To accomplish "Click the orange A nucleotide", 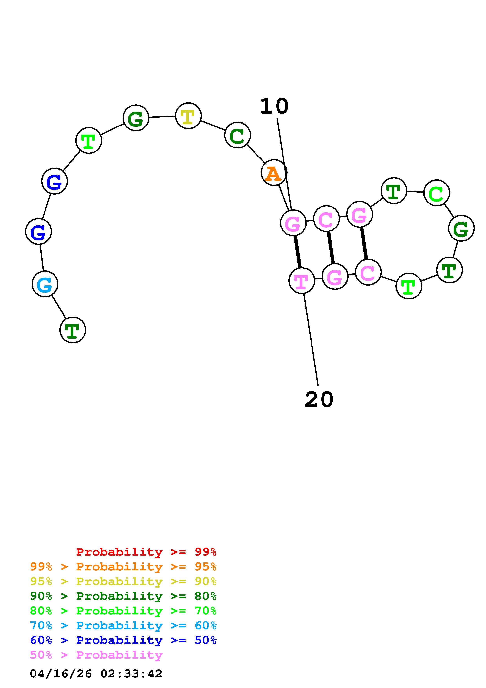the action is click(274, 173).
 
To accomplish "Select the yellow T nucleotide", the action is click(188, 116).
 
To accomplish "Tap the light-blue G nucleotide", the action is click(45, 284).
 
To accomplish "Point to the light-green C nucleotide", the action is click(437, 193).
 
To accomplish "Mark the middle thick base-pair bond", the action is click(331, 247).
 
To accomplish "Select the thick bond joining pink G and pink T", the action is click(297, 252).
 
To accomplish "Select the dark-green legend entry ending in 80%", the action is click(123, 596).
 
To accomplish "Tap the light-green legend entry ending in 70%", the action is click(123, 611).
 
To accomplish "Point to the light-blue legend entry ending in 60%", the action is click(123, 625).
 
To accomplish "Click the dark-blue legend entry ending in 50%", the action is click(123, 640).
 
